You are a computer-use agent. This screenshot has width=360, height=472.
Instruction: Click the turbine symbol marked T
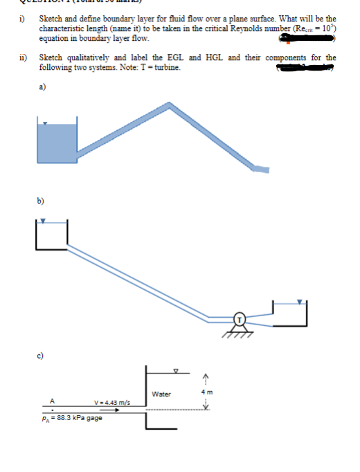239,319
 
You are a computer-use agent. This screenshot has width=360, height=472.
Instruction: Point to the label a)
44,87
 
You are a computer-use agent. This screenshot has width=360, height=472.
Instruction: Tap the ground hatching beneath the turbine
239,334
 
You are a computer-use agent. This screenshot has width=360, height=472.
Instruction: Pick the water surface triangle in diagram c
175,369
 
